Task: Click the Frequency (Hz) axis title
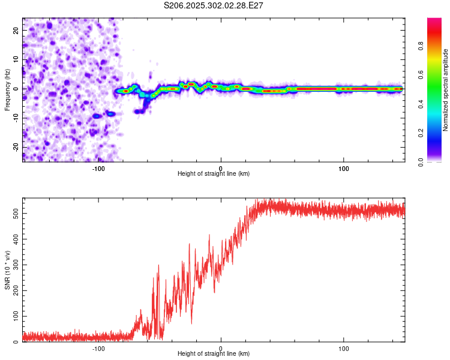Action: [x=7, y=89]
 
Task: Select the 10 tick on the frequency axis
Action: [x=16, y=59]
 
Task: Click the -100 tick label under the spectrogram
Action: [x=98, y=167]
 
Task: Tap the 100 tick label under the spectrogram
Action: [x=344, y=167]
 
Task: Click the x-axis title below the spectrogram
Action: [x=214, y=174]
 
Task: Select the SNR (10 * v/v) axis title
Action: [x=7, y=270]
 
